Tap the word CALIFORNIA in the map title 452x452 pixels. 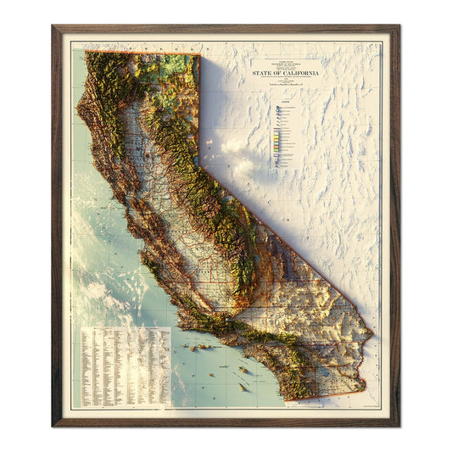click(304, 75)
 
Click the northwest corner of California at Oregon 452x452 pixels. click(86, 52)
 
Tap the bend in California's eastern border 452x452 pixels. click(201, 167)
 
